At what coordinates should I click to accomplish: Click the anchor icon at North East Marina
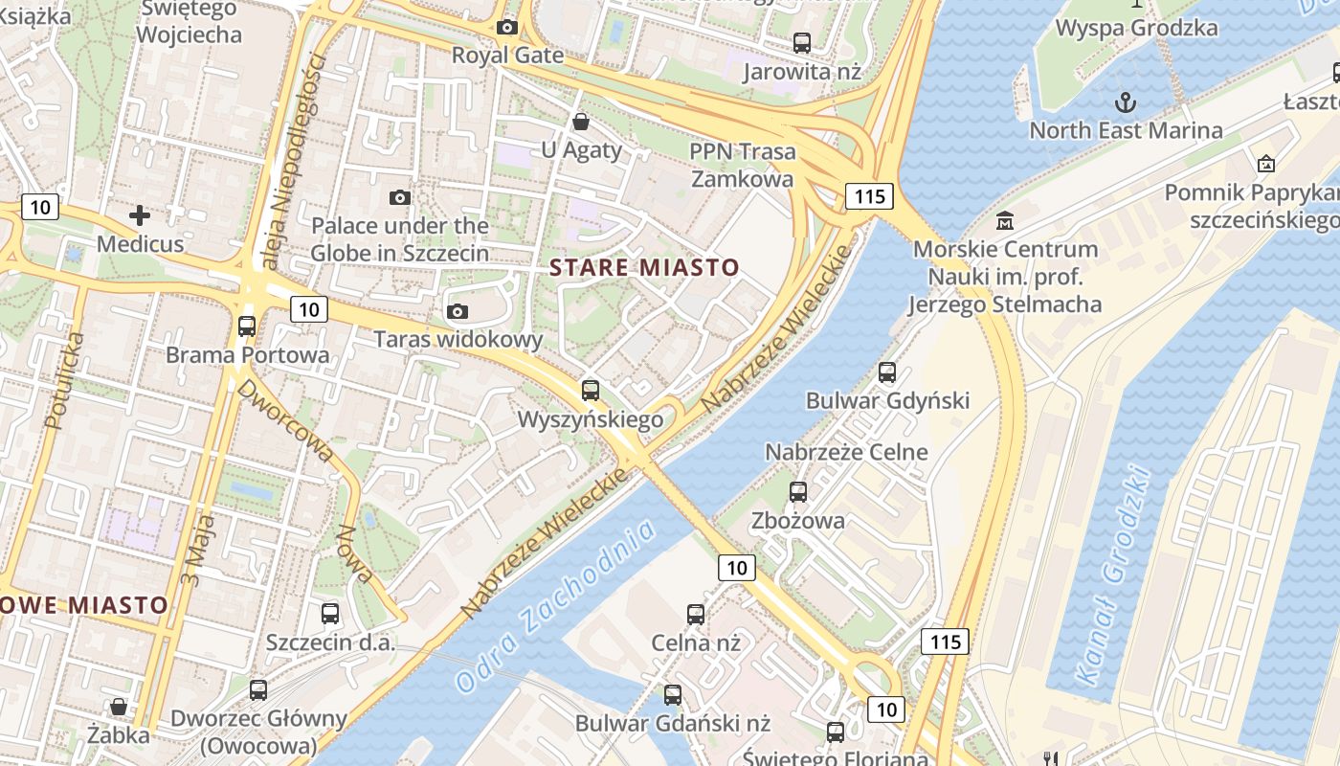[x=1126, y=101]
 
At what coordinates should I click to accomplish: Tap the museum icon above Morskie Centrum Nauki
[x=1005, y=221]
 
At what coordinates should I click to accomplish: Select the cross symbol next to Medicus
[x=140, y=215]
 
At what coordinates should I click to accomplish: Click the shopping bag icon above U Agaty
[x=580, y=122]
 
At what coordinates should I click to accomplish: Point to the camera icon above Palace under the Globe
[x=400, y=197]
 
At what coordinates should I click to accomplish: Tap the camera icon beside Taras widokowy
[x=458, y=311]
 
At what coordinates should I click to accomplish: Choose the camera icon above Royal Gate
[x=507, y=27]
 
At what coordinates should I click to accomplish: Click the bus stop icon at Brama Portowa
[x=247, y=326]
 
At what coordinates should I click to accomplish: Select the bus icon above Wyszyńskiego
[x=591, y=390]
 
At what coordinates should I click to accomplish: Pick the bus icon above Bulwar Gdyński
[x=887, y=372]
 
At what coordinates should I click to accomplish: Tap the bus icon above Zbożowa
[x=798, y=491]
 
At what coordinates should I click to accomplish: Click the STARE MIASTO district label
[x=645, y=267]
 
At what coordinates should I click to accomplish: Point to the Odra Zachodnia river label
[x=555, y=605]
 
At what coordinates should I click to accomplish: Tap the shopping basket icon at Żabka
[x=119, y=707]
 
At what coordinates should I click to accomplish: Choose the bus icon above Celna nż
[x=696, y=614]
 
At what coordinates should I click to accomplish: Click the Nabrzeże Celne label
[x=846, y=452]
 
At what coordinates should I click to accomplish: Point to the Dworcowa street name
[x=285, y=419]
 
